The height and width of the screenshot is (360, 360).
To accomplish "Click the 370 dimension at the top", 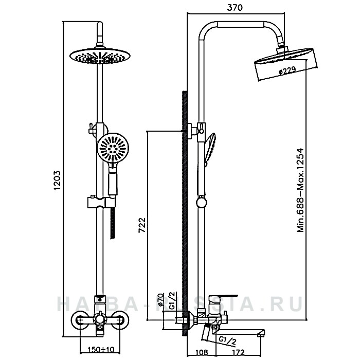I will [x=237, y=7].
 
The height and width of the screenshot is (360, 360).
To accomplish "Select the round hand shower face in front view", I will [x=111, y=148].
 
